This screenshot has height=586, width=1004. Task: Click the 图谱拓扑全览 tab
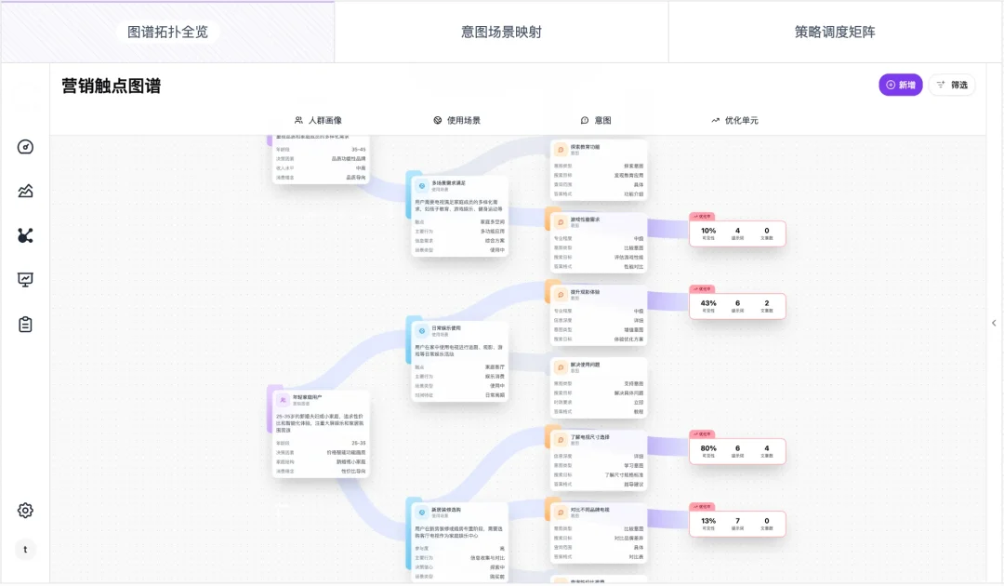coord(167,32)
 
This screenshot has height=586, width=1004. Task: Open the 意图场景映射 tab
coord(501,32)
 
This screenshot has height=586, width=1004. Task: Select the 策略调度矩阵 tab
coord(835,32)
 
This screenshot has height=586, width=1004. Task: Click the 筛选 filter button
coord(952,85)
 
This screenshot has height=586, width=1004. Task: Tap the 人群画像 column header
coord(318,120)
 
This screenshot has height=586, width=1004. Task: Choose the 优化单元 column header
coord(734,120)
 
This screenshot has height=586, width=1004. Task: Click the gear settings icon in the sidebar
coord(25,510)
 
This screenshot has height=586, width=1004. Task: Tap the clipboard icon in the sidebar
coord(25,325)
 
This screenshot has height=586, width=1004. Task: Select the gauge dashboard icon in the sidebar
coord(25,147)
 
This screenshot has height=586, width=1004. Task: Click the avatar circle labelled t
coord(25,550)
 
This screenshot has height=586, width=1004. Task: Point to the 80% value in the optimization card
coord(708,447)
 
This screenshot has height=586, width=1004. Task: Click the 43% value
coord(708,303)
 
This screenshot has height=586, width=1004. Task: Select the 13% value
coord(708,521)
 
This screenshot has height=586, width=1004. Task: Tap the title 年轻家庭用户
coord(308,397)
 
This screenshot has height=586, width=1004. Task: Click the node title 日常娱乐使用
coord(446,327)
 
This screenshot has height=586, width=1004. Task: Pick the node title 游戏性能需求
coord(586,220)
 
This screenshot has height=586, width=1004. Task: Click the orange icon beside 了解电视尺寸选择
coord(561,439)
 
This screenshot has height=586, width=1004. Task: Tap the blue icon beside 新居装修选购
coord(421,512)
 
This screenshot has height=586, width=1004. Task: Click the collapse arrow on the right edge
coord(993,323)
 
